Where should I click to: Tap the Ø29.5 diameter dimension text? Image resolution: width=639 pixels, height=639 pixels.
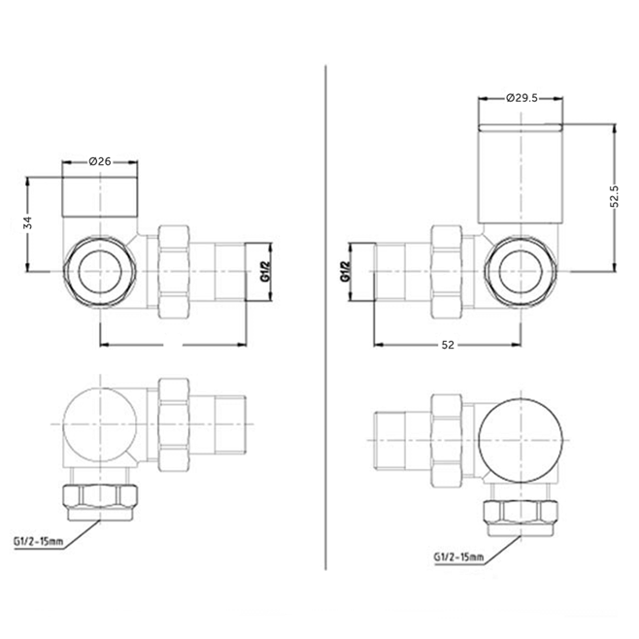(x=522, y=98)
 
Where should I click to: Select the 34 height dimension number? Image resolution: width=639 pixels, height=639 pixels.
(x=28, y=224)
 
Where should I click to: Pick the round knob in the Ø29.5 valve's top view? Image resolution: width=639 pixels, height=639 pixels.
(x=522, y=434)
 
